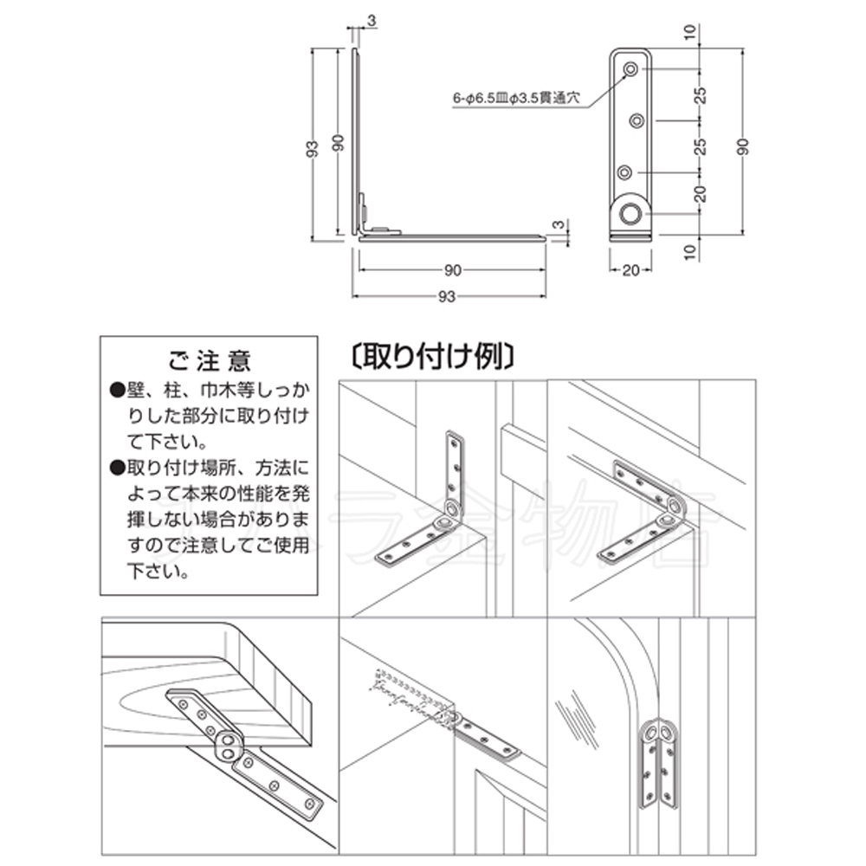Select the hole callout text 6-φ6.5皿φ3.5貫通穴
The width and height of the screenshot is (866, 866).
(x=520, y=100)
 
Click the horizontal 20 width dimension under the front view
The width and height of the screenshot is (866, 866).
(x=630, y=270)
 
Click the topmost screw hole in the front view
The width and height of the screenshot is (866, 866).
(x=631, y=68)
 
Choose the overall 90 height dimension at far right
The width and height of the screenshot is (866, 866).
(x=743, y=145)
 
